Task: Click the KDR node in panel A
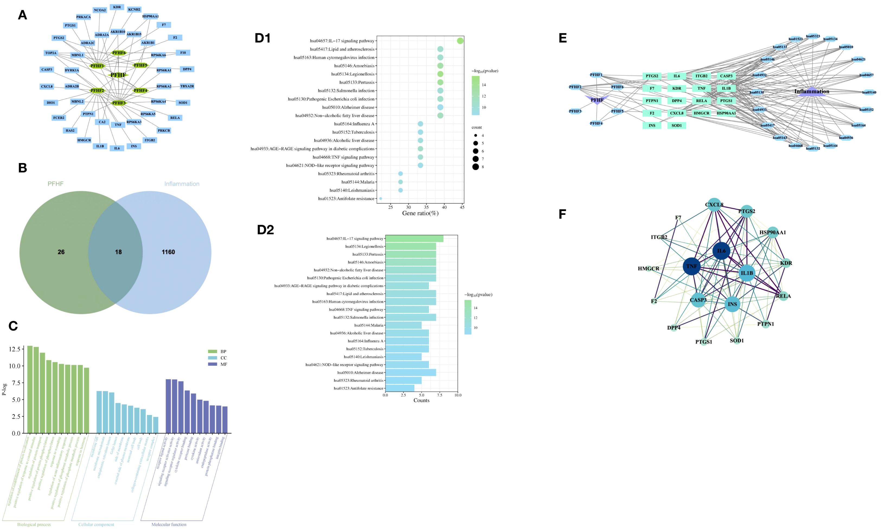117,7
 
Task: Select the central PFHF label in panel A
118,75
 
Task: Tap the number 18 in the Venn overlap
118,252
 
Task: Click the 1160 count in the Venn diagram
168,252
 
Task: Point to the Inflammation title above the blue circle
182,184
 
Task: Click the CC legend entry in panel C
223,358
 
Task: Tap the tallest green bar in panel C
30,389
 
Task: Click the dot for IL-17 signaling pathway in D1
460,41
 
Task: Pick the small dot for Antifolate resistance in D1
381,199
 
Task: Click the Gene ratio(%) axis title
420,213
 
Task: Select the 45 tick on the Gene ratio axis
462,207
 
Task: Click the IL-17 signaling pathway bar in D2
414,238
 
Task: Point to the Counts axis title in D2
421,400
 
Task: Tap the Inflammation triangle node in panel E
812,92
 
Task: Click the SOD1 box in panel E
677,126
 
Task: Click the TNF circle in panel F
691,266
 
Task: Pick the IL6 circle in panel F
721,251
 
